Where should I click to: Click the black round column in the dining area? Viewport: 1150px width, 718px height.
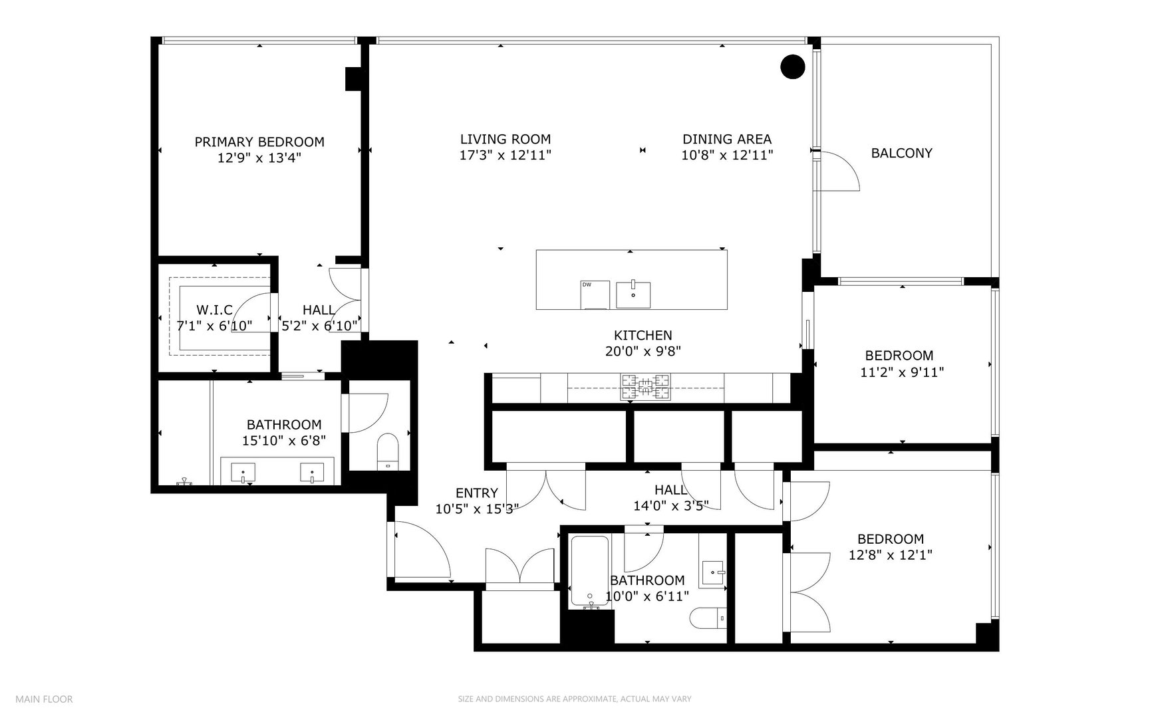coord(792,66)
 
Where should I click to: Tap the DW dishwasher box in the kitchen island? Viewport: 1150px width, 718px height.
coord(595,295)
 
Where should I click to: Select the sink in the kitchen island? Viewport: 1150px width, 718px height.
coord(633,295)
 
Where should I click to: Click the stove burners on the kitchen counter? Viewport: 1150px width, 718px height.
coord(645,386)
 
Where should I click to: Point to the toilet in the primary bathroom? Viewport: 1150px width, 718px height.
coord(386,451)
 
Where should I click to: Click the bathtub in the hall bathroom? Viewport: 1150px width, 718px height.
coord(589,570)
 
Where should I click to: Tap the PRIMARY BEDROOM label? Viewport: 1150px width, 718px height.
coord(259,142)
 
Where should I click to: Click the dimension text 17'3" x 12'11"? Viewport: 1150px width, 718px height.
coord(505,156)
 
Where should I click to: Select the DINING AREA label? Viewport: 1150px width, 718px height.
coord(727,139)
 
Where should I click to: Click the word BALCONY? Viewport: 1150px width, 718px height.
coord(901,153)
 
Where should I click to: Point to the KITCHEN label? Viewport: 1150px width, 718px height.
coord(643,335)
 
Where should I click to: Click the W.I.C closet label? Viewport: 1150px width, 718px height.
coord(214,310)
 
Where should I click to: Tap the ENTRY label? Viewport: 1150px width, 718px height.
coord(476,493)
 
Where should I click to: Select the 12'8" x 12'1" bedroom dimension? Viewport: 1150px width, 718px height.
coord(890,555)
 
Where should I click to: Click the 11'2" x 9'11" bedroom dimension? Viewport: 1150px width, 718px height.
coord(902,372)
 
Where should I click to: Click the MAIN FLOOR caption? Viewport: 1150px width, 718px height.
coord(44,699)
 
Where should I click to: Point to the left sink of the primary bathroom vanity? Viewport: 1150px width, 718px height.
coord(243,473)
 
